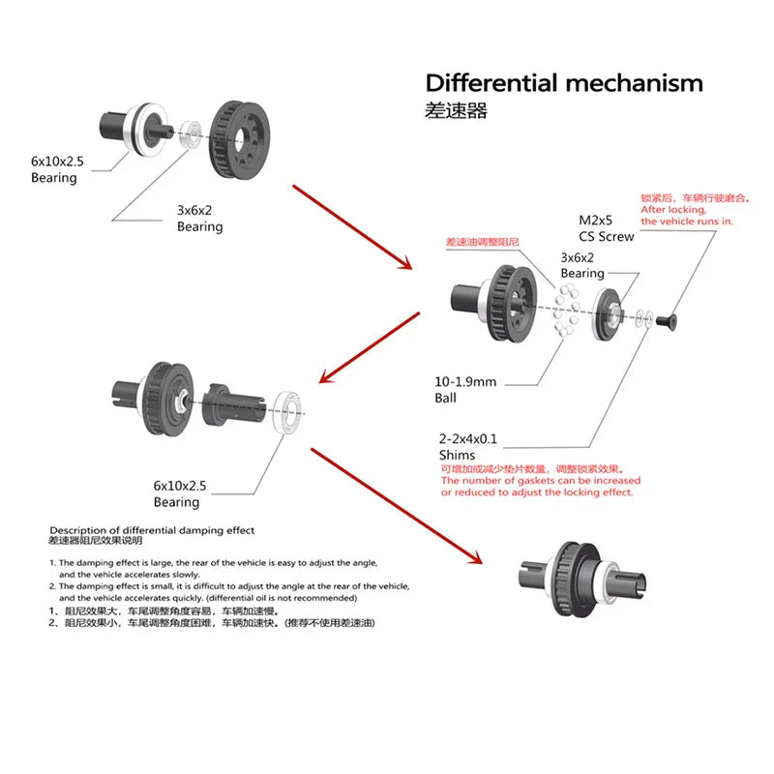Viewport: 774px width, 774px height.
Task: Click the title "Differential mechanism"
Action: [x=564, y=83]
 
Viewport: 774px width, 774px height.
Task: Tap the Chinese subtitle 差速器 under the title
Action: [x=456, y=110]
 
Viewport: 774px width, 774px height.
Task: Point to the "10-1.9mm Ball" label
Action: [x=465, y=389]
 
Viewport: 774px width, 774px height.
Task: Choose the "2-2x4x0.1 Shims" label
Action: [x=468, y=446]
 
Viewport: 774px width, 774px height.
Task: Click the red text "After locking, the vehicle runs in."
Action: [x=687, y=215]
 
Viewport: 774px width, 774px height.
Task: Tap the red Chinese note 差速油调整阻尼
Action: [x=483, y=241]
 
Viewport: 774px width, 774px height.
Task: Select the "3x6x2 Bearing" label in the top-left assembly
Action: [x=199, y=219]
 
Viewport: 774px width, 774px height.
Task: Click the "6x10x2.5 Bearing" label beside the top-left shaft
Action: [x=68, y=170]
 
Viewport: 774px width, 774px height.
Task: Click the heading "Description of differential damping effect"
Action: [x=152, y=530]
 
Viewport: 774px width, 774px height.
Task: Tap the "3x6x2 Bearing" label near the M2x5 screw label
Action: [x=582, y=266]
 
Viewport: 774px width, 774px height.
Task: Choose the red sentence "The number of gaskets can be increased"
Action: [x=541, y=480]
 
